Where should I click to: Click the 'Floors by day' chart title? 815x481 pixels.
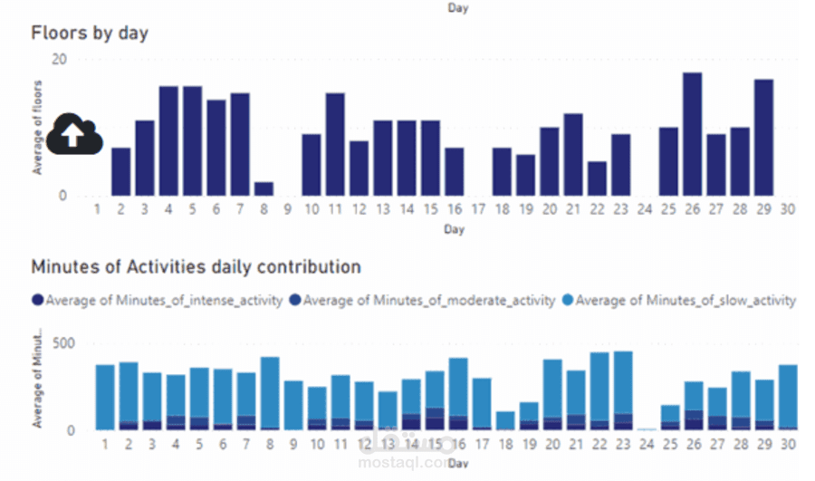[90, 34]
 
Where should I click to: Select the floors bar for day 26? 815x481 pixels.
[692, 134]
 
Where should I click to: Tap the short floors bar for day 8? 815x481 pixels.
[264, 188]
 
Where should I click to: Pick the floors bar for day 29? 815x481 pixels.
[763, 138]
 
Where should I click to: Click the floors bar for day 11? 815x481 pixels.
[335, 144]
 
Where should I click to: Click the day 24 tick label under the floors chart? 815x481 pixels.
[644, 210]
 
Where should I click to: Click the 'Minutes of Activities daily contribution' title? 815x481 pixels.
[196, 267]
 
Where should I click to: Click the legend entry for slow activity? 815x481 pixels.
[679, 300]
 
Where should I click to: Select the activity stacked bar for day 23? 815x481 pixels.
[622, 390]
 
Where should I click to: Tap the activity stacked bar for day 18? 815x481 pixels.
[505, 421]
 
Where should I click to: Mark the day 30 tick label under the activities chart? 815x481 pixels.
[787, 446]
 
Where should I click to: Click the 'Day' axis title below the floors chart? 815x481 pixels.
[455, 230]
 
